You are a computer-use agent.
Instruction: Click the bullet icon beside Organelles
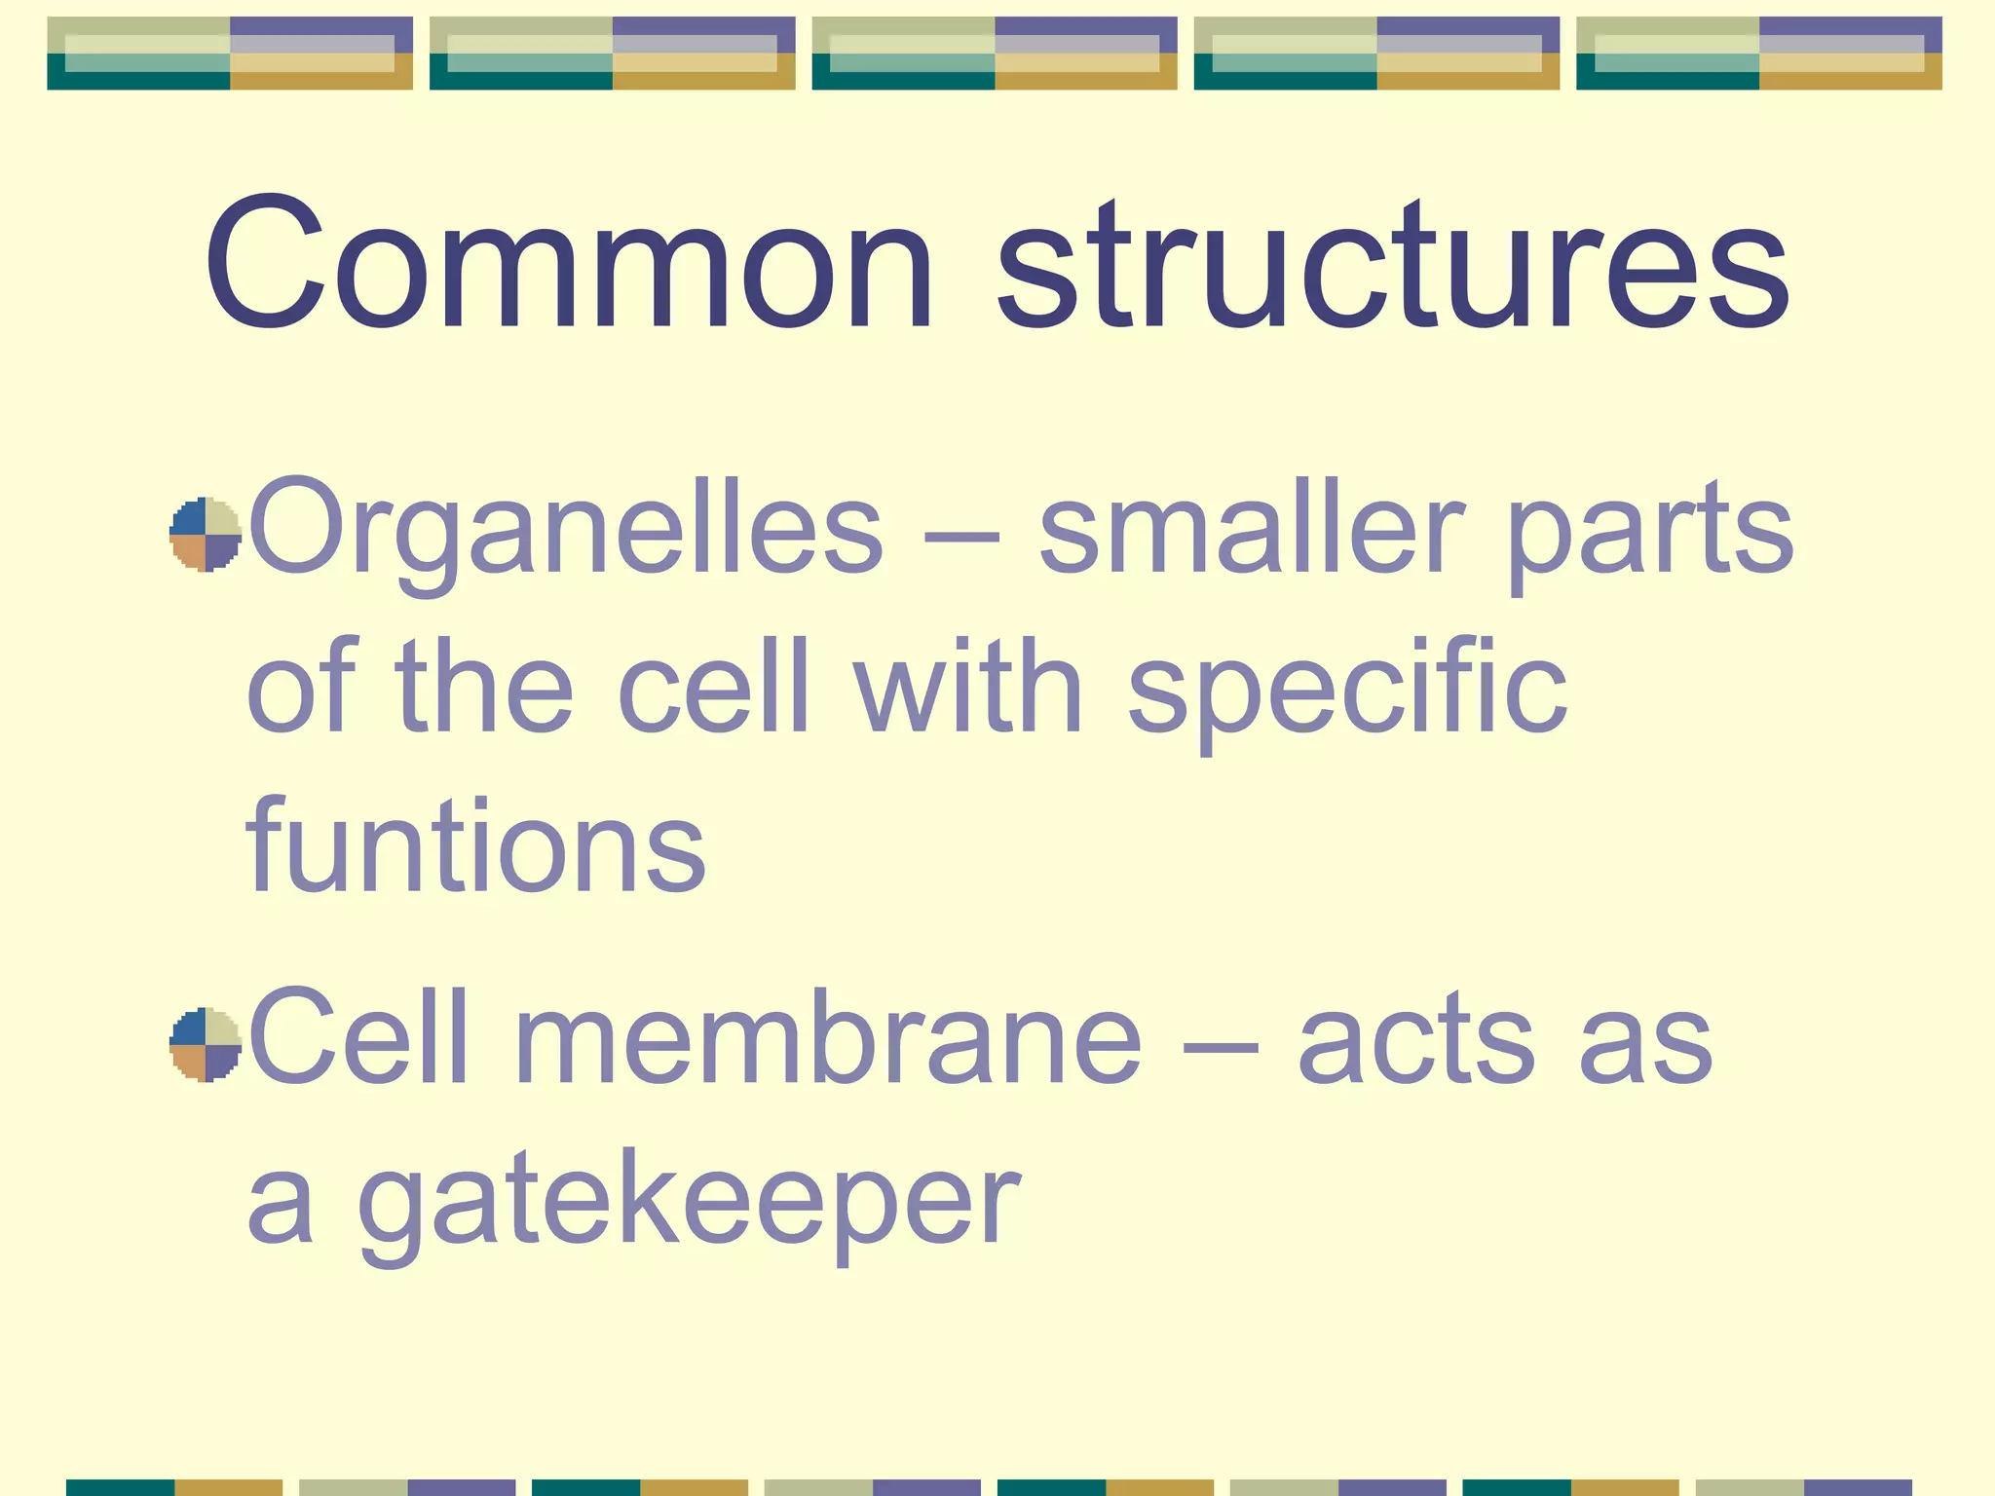[205, 535]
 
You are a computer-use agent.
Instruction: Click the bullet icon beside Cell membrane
[205, 1045]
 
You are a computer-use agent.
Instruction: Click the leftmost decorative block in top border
[230, 54]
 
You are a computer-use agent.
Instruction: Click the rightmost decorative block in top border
[1758, 54]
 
